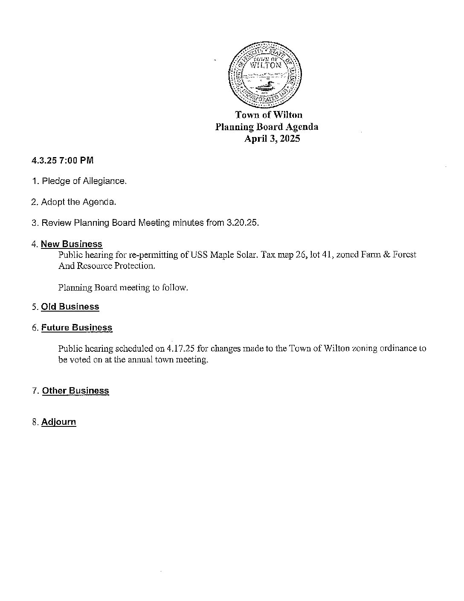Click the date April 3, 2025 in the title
tap(272, 139)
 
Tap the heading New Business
tap(72, 244)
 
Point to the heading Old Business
tap(70, 306)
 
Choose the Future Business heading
tap(77, 327)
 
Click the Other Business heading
tap(75, 391)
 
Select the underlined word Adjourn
tap(58, 422)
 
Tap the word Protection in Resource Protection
tap(133, 265)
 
